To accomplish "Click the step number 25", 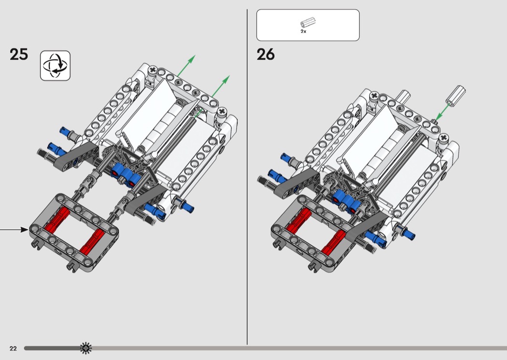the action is pyautogui.click(x=19, y=55).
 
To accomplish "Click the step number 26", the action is pyautogui.click(x=266, y=55).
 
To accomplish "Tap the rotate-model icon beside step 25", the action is pyautogui.click(x=56, y=66).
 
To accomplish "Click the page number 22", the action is pyautogui.click(x=13, y=348).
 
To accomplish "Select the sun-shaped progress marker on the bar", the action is pyautogui.click(x=85, y=348).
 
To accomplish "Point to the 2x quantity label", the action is pyautogui.click(x=303, y=31).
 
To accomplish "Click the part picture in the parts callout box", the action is pyautogui.click(x=308, y=23).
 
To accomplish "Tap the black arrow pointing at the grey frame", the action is pyautogui.click(x=14, y=229).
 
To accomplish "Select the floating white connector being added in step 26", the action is pyautogui.click(x=456, y=95).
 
